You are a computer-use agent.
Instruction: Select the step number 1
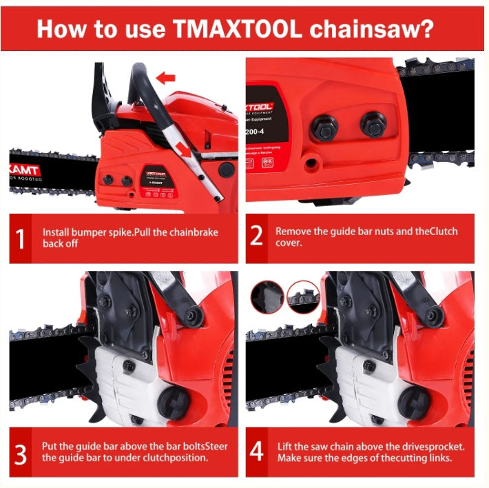21,238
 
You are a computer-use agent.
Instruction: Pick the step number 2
256,236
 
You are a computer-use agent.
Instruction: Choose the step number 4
256,452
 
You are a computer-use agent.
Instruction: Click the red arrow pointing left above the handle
165,78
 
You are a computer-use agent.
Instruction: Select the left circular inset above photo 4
267,296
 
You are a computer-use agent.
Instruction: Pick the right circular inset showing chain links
303,296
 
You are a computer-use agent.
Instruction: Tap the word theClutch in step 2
435,232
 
